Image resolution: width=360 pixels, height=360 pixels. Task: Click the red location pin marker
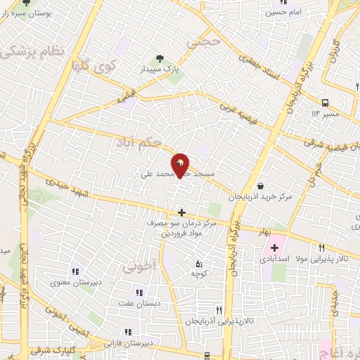pos(180,164)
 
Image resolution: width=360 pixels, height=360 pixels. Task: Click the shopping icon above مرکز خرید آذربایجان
pos(262,186)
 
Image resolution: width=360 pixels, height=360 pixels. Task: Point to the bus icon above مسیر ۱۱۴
pos(325,103)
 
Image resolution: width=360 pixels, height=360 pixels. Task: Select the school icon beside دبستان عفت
pos(139,292)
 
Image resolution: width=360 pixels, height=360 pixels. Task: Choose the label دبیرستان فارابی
pos(127,343)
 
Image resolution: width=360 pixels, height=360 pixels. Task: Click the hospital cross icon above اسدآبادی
pos(274,247)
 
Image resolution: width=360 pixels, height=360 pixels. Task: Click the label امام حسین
pos(283,12)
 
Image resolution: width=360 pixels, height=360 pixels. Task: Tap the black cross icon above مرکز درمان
pos(181,212)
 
